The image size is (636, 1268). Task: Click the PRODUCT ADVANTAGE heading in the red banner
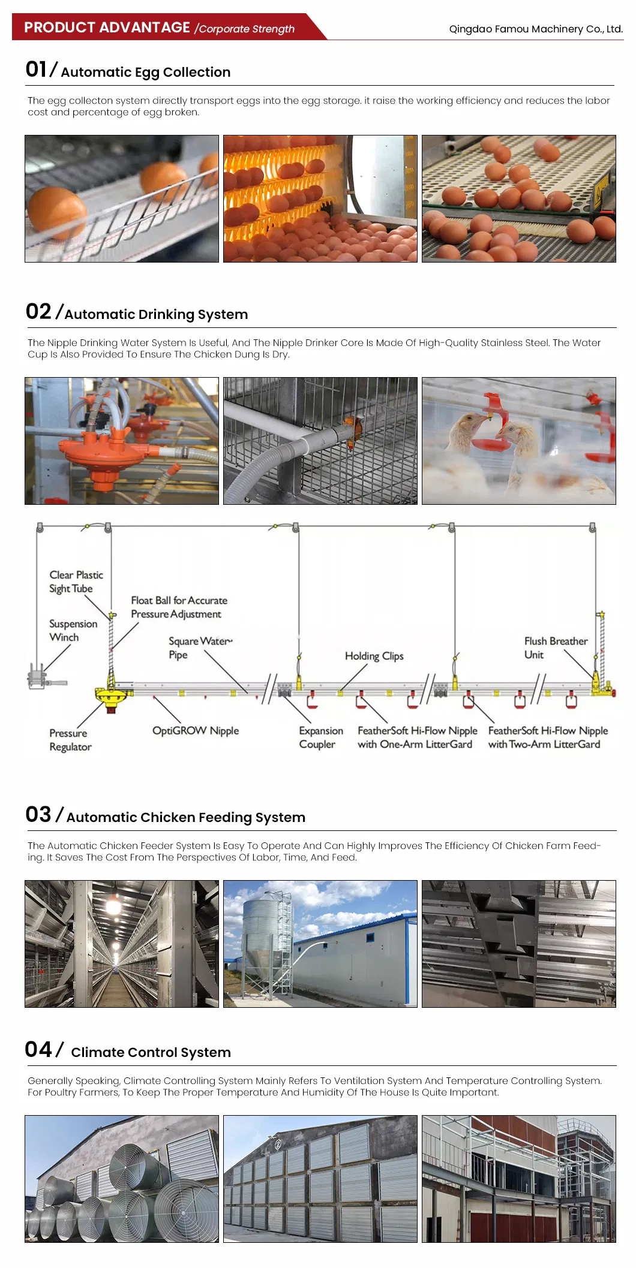[107, 28]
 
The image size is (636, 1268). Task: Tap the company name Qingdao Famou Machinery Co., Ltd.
[536, 29]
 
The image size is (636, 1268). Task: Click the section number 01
[36, 70]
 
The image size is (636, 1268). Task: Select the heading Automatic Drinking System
[156, 314]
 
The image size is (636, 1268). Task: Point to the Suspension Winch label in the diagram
[73, 630]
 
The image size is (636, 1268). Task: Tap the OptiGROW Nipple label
[196, 730]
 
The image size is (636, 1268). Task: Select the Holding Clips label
[374, 656]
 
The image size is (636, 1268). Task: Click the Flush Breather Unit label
[556, 647]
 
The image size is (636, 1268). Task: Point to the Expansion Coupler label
[321, 737]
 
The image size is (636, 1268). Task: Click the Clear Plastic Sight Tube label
[76, 582]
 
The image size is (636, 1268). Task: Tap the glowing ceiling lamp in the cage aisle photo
[113, 905]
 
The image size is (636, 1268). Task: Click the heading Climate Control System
[151, 1052]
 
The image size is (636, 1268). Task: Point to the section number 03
[38, 814]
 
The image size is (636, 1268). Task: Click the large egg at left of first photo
[57, 212]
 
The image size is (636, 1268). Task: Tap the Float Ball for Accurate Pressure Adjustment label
[179, 607]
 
